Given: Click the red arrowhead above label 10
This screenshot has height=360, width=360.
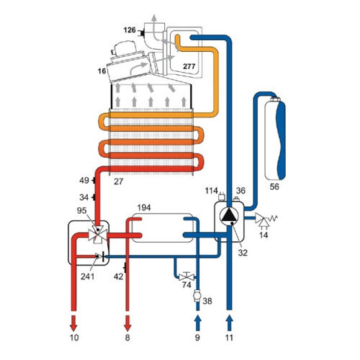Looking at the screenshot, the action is [73, 323].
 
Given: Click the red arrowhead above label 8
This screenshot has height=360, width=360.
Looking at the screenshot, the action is [127, 323].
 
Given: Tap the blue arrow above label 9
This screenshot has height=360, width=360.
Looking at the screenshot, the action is [197, 323].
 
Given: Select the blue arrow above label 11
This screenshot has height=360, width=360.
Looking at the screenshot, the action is [230, 323].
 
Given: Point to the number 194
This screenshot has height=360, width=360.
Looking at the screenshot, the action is [144, 207].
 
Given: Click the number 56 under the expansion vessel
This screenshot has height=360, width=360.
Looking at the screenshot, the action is [274, 186].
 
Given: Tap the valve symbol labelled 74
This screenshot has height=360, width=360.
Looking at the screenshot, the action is [186, 276].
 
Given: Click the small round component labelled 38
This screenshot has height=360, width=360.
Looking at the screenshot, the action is [197, 296].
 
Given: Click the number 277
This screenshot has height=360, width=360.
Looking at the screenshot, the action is [189, 66].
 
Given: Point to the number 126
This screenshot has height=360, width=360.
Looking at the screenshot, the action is [130, 30].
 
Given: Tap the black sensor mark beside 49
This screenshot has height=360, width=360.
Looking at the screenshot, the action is [94, 180].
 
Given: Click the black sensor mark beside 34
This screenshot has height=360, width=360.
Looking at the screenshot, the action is [94, 197].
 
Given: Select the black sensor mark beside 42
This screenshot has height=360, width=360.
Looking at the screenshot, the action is [125, 268].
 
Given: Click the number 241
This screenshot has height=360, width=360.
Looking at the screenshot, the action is [87, 276].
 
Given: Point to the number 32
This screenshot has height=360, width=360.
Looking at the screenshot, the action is [243, 253].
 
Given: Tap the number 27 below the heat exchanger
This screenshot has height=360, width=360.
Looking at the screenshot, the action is [118, 181].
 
